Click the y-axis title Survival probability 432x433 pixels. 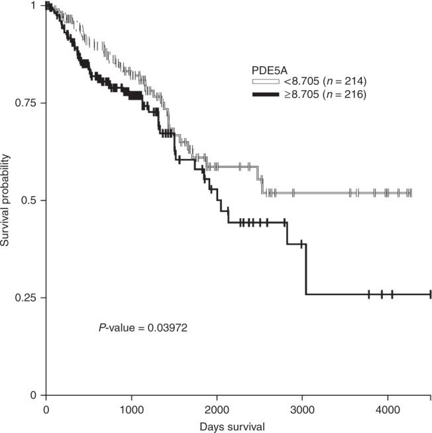click(x=7, y=200)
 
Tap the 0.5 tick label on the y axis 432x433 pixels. click(x=30, y=200)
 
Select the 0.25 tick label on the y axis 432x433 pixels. click(x=27, y=298)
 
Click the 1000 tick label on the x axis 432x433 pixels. click(x=131, y=406)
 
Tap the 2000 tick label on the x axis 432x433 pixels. click(x=216, y=406)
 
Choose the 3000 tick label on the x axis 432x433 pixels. click(x=301, y=406)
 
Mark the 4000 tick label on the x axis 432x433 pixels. click(x=387, y=406)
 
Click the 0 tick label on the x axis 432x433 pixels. click(x=45, y=406)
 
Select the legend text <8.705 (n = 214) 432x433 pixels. click(x=323, y=81)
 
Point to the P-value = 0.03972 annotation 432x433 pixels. click(x=144, y=328)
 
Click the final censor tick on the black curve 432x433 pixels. click(x=430, y=294)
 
